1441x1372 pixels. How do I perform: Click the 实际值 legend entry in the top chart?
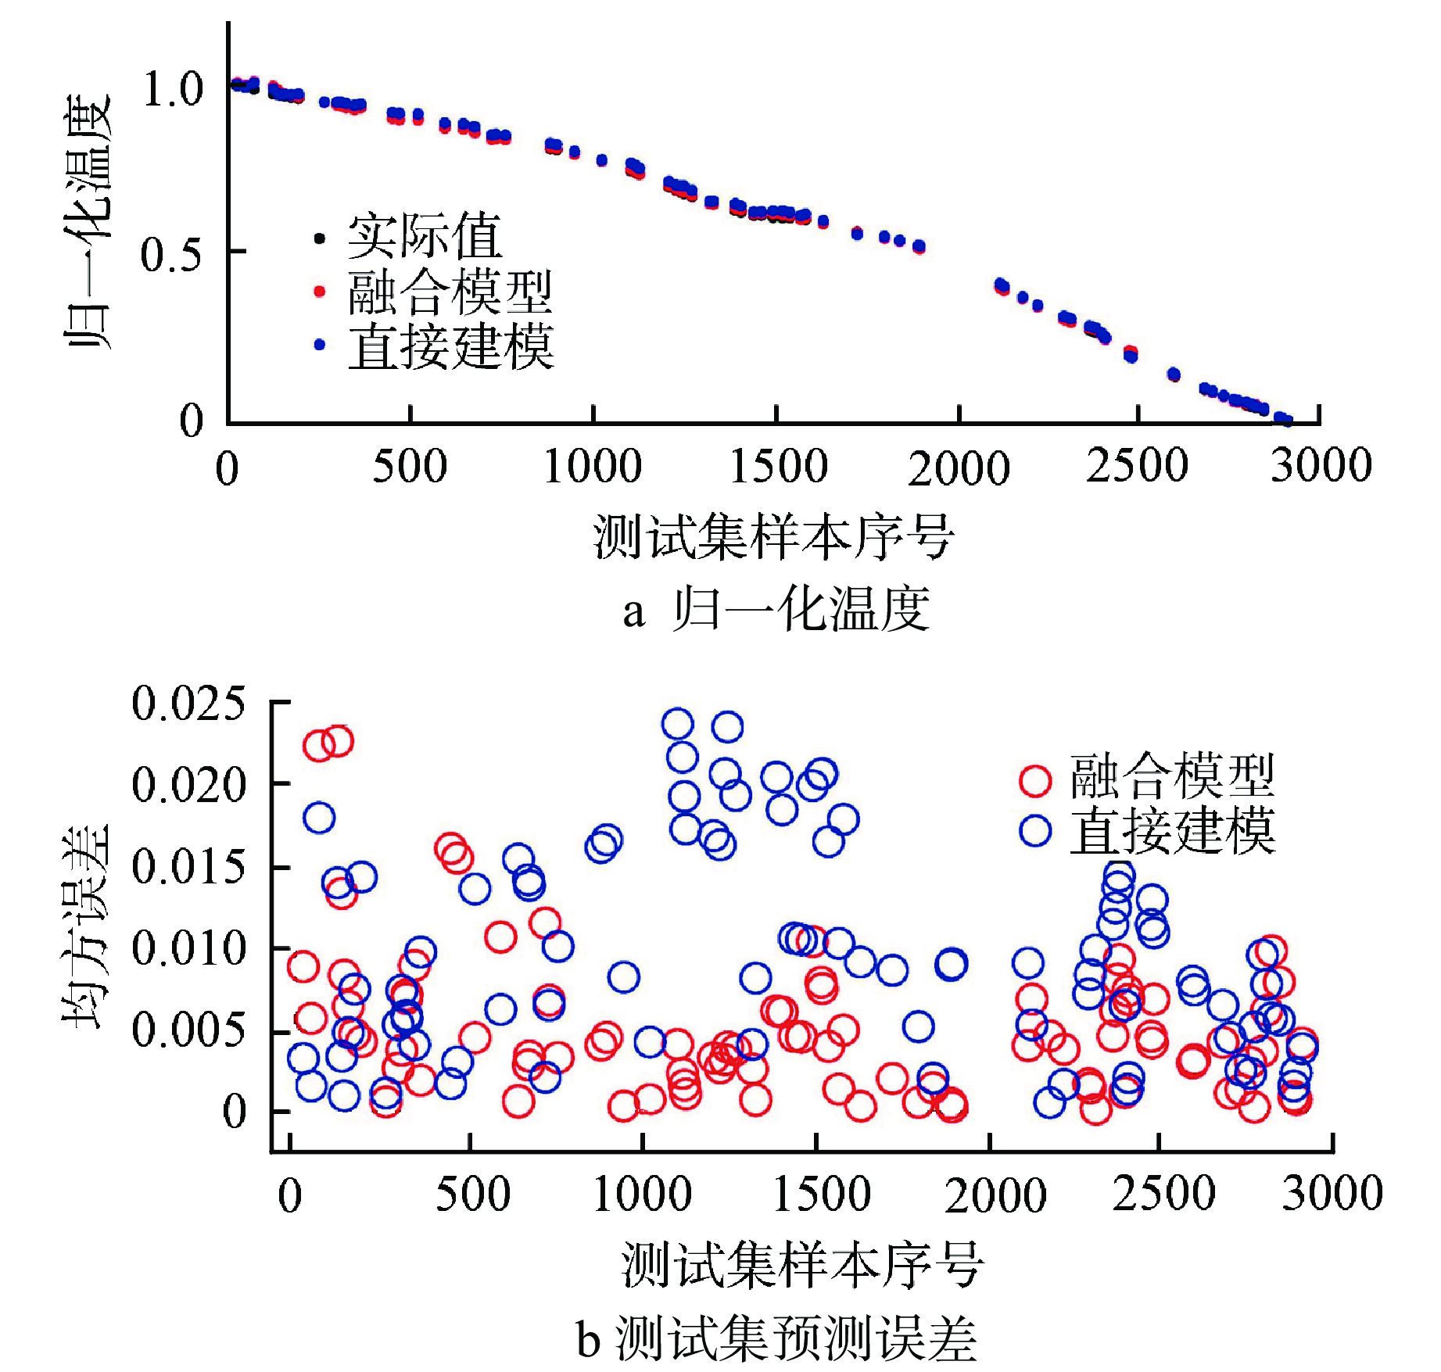424,236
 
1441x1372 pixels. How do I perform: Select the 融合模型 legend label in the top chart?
450,292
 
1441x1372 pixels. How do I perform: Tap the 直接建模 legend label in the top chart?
451,346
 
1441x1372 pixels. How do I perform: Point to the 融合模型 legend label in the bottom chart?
1172,776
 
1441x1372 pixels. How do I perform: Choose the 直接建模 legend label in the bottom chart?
1172,831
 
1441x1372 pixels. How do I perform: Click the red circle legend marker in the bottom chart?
1035,780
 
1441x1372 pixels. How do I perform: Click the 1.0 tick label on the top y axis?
173,88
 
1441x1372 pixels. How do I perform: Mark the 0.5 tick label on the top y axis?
171,255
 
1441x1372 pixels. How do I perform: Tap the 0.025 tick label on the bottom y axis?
188,703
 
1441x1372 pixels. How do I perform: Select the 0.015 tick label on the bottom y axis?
188,867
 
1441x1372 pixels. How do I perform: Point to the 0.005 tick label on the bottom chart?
188,1030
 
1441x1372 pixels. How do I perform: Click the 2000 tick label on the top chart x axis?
959,469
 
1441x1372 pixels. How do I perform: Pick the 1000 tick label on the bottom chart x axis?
642,1195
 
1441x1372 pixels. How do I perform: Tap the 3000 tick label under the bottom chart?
1332,1193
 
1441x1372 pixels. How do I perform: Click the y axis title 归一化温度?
87,223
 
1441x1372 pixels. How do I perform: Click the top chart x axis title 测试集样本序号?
773,538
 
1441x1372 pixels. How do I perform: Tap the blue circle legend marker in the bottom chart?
1035,830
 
